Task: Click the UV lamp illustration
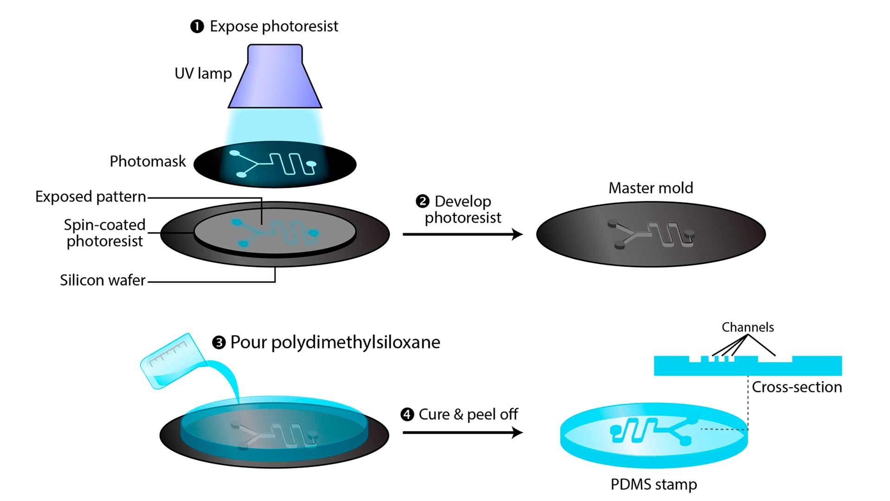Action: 275,77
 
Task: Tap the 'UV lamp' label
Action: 203,73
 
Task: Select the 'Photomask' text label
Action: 147,161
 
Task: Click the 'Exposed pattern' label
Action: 91,197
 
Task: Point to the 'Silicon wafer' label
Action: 102,280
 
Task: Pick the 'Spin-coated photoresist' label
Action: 105,233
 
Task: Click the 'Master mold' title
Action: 651,188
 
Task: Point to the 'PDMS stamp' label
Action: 654,484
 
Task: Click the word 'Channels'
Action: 748,328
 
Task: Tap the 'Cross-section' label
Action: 797,387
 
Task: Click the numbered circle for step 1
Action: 197,26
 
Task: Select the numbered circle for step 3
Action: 218,343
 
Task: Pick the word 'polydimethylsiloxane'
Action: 356,342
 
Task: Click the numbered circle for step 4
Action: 407,414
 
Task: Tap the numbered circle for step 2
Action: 422,202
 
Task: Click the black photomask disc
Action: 209,165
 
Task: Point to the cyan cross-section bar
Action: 748,368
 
